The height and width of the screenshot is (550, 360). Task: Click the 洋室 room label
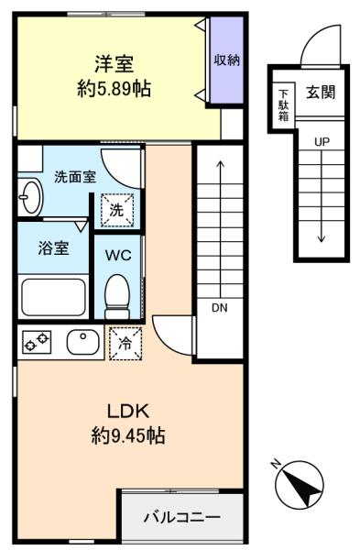[x=114, y=64]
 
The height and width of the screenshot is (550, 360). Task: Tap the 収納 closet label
[x=227, y=60]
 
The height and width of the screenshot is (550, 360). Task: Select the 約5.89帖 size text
[x=115, y=89]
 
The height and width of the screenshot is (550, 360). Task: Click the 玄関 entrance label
[x=321, y=92]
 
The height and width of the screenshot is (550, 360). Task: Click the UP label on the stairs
[x=322, y=142]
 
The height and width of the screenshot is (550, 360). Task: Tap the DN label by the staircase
[x=220, y=308]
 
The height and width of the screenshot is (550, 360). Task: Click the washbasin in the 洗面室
[x=31, y=197]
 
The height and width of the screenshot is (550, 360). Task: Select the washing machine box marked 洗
[x=117, y=210]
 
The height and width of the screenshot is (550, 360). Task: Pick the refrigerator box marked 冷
[x=125, y=344]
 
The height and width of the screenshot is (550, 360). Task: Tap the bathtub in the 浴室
[x=54, y=297]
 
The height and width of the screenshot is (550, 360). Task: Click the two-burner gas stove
[x=37, y=342]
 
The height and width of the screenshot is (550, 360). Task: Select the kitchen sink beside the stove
[x=83, y=342]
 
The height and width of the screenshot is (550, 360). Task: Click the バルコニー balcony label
[x=182, y=517]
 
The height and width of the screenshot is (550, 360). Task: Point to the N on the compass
[x=276, y=465]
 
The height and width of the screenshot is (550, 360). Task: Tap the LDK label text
[x=128, y=411]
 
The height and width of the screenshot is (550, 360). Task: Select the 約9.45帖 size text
[x=128, y=435]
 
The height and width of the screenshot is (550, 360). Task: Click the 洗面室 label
[x=75, y=177]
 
